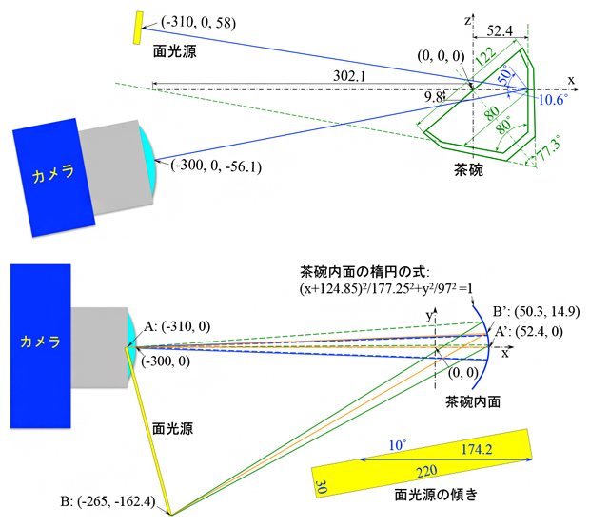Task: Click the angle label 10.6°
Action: pyautogui.click(x=553, y=99)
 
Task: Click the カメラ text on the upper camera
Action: pyautogui.click(x=53, y=175)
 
